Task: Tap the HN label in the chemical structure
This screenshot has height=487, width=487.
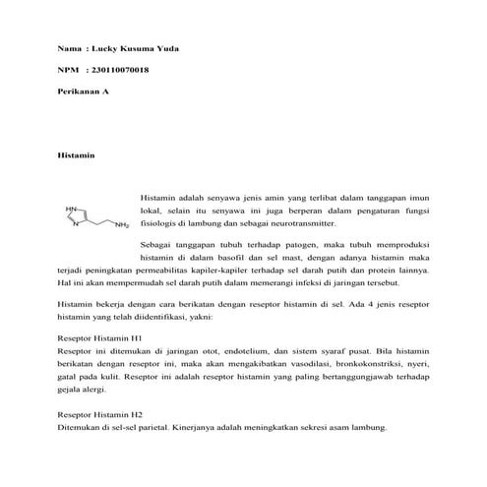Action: point(71,209)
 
